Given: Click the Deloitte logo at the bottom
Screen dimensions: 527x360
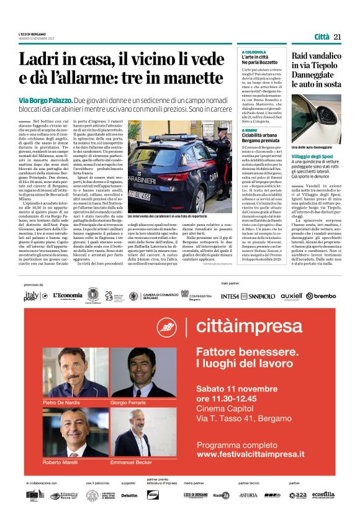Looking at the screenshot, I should (129, 495).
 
